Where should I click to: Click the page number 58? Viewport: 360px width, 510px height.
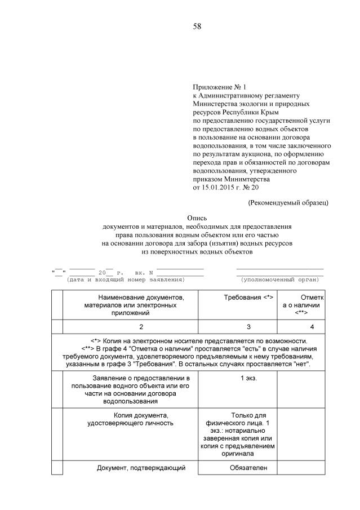197,26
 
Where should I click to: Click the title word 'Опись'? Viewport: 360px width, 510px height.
197,218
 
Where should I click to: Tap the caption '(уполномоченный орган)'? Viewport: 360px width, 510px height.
279,280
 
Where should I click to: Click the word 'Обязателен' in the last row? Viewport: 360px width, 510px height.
248,468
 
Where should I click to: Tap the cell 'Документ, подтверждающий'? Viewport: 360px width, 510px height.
141,468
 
